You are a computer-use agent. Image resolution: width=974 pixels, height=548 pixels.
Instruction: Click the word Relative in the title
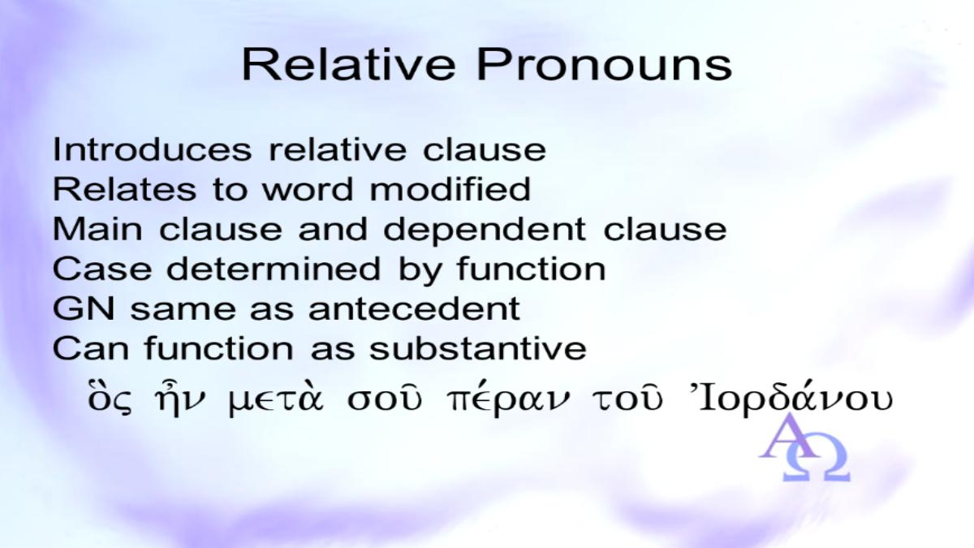pos(349,65)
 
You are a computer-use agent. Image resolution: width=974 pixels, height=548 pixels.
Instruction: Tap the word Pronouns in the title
pos(605,65)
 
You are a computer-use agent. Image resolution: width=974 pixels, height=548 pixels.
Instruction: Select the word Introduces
pos(152,149)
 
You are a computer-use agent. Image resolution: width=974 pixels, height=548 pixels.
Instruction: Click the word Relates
pos(124,189)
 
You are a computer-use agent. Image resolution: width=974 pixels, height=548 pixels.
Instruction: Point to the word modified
pos(450,189)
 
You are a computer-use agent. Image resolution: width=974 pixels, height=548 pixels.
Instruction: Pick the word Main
pos(97,229)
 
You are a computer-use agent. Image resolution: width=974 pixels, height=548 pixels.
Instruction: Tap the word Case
pos(102,269)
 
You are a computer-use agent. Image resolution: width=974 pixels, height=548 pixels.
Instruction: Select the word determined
pos(274,269)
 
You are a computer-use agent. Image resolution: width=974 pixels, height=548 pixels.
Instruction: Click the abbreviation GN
pos(84,309)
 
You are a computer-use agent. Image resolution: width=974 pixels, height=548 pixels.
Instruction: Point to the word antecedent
pos(415,308)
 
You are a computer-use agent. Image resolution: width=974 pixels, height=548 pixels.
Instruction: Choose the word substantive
pos(478,348)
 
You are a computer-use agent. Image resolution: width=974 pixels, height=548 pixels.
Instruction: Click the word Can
pos(90,348)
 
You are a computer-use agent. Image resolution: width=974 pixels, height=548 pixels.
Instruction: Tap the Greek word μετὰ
pos(277,399)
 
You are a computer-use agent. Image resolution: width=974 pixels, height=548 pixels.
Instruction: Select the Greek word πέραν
pos(508,400)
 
